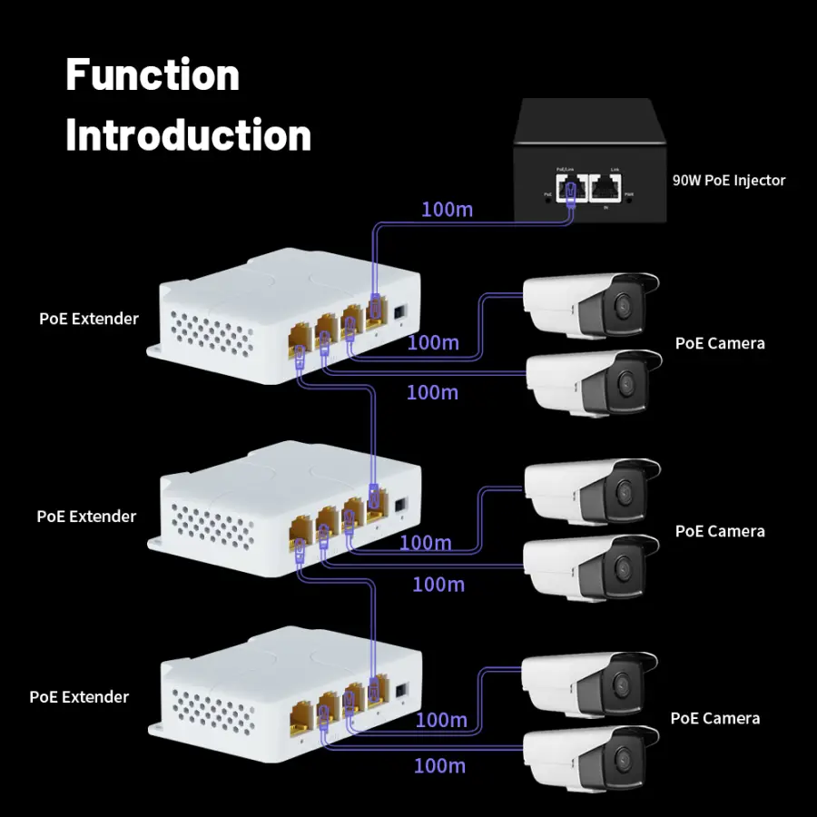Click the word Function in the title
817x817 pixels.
pyautogui.click(x=153, y=74)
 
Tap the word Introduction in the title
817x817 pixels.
pyautogui.click(x=188, y=135)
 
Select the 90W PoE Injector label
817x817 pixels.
pyautogui.click(x=728, y=180)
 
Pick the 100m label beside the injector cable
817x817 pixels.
pyautogui.click(x=447, y=210)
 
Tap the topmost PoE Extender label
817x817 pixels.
pyautogui.click(x=89, y=319)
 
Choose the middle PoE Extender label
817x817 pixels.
pyautogui.click(x=86, y=517)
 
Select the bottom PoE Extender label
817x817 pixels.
pyautogui.click(x=79, y=697)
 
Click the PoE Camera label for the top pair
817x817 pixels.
pyautogui.click(x=720, y=343)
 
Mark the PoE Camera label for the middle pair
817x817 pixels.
pyautogui.click(x=720, y=531)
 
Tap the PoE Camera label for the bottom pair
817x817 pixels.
pyautogui.click(x=715, y=718)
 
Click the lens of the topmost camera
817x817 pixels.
pyautogui.click(x=623, y=306)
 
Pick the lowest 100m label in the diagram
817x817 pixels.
pyautogui.click(x=439, y=766)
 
